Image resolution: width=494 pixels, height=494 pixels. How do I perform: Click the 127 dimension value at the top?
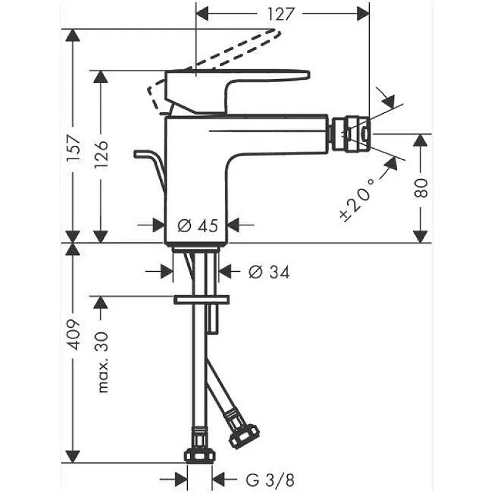pos(282,14)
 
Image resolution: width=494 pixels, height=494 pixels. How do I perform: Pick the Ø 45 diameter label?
pos(198,225)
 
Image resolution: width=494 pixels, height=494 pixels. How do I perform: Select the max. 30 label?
pos(102,362)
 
